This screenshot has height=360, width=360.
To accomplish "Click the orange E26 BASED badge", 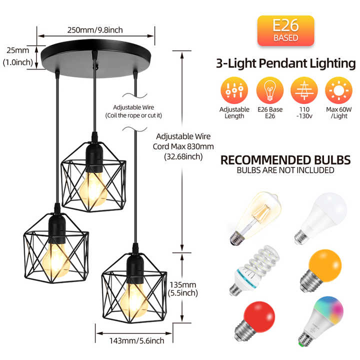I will click(x=285, y=31).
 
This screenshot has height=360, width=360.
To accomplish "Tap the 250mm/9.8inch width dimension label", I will click(x=95, y=30).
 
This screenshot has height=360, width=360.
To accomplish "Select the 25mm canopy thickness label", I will click(x=18, y=50).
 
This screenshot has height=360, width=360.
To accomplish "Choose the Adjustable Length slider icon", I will click(x=234, y=90).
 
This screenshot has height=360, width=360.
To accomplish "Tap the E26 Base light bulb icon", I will click(x=269, y=90).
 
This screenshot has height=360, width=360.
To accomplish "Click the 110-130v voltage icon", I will click(x=304, y=90).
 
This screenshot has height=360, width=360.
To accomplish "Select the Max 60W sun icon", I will click(x=338, y=90).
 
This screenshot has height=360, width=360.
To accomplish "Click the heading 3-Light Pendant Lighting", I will click(x=285, y=63).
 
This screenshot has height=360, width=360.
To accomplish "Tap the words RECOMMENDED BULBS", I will click(x=285, y=160).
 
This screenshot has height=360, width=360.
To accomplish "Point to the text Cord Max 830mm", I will click(x=183, y=146).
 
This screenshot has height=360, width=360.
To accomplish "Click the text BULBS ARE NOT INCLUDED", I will click(x=285, y=170).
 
